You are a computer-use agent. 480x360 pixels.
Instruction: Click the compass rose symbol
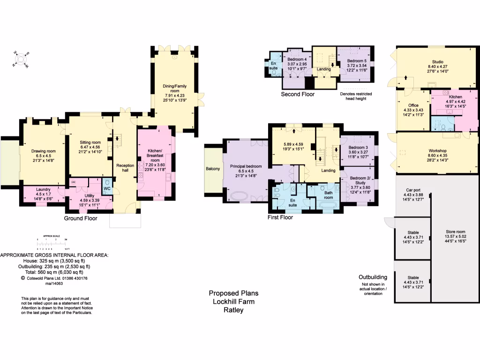pyautogui.click(x=20, y=59)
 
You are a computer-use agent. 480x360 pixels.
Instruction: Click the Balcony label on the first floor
pyautogui.click(x=213, y=169)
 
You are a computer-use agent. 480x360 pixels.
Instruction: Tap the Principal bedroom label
pyautogui.click(x=246, y=166)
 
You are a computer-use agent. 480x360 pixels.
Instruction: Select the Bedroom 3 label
pyautogui.click(x=358, y=148)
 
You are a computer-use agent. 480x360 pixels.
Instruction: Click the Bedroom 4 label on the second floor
pyautogui.click(x=297, y=60)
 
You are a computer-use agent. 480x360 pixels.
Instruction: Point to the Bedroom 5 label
pyautogui.click(x=357, y=61)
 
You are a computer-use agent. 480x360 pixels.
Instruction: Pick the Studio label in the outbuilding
pyautogui.click(x=438, y=61)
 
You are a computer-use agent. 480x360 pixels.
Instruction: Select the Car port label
pyautogui.click(x=412, y=190)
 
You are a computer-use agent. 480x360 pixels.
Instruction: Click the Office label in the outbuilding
pyautogui.click(x=413, y=105)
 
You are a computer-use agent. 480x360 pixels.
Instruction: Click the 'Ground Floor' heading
pyautogui.click(x=80, y=218)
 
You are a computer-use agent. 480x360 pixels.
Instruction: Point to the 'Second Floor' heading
pyautogui.click(x=298, y=94)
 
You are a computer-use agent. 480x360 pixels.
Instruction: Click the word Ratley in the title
pyautogui.click(x=233, y=310)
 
